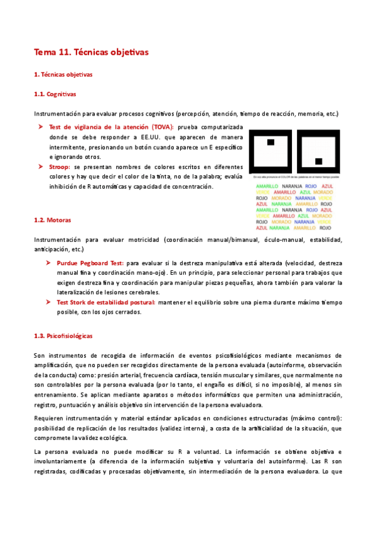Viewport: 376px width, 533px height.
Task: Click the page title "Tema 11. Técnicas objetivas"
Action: (91, 52)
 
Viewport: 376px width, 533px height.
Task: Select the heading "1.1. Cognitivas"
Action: (55, 94)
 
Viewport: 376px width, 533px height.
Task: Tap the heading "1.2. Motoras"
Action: (51, 220)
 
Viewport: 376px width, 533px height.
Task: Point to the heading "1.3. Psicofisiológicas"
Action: (63, 336)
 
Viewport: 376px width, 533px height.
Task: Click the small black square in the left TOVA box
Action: (271, 143)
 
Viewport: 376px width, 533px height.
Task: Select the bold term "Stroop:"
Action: (60, 167)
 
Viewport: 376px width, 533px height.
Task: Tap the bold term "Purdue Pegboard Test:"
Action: (90, 263)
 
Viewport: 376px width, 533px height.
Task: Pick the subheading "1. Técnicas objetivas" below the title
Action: (63, 75)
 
